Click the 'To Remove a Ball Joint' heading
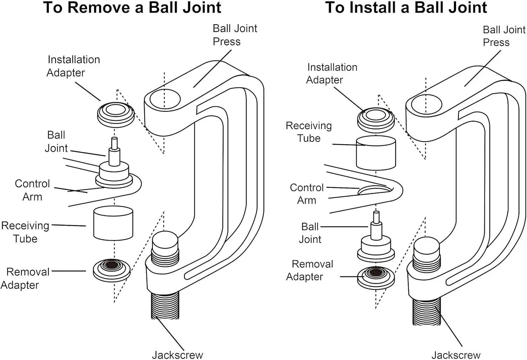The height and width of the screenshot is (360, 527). click(x=132, y=8)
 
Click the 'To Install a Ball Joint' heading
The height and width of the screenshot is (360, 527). click(x=406, y=8)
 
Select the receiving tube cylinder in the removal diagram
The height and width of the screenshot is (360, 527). click(x=113, y=223)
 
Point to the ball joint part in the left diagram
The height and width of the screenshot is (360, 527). click(x=114, y=169)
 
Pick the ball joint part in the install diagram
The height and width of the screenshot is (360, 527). click(x=376, y=242)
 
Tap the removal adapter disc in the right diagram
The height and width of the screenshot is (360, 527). click(x=376, y=276)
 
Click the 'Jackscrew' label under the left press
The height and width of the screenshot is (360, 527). click(x=177, y=355)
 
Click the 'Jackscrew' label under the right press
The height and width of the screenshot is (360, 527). click(x=456, y=355)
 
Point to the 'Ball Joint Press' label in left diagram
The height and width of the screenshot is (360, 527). click(x=235, y=35)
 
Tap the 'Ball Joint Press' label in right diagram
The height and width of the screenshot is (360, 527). click(x=504, y=36)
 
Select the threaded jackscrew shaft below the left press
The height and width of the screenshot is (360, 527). click(x=165, y=306)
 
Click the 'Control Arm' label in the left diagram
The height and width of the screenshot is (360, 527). click(x=32, y=190)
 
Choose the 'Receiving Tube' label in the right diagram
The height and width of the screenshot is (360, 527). click(x=308, y=132)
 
